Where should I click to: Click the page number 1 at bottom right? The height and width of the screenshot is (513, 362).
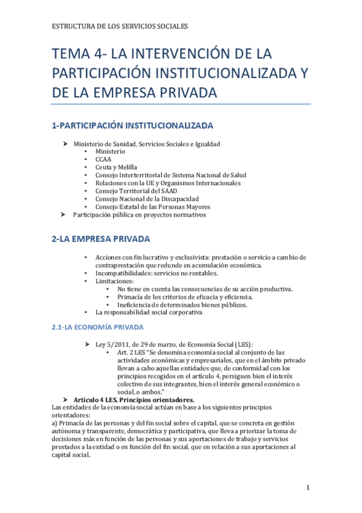pyautogui.click(x=308, y=488)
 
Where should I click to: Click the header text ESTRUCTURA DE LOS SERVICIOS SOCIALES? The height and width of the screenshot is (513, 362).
pyautogui.click(x=120, y=27)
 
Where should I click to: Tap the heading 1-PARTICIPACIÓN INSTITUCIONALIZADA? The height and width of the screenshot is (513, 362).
pyautogui.click(x=132, y=126)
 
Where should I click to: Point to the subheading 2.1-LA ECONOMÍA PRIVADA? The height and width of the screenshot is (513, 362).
pyautogui.click(x=97, y=327)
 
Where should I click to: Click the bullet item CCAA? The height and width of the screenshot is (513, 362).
pyautogui.click(x=103, y=159)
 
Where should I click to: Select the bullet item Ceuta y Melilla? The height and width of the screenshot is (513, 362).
pyautogui.click(x=116, y=167)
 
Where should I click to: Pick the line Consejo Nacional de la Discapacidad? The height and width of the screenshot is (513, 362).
pyautogui.click(x=147, y=199)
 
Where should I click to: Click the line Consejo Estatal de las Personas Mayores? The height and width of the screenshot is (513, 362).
pyautogui.click(x=152, y=207)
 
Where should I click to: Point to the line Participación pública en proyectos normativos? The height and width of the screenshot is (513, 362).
pyautogui.click(x=140, y=215)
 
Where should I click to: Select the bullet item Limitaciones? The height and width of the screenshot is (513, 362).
pyautogui.click(x=114, y=281)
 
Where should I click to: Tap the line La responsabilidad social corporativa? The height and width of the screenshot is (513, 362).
pyautogui.click(x=149, y=313)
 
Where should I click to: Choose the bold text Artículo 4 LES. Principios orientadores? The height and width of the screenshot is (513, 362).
pyautogui.click(x=134, y=400)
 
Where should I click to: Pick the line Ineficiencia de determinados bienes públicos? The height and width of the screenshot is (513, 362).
pyautogui.click(x=183, y=305)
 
